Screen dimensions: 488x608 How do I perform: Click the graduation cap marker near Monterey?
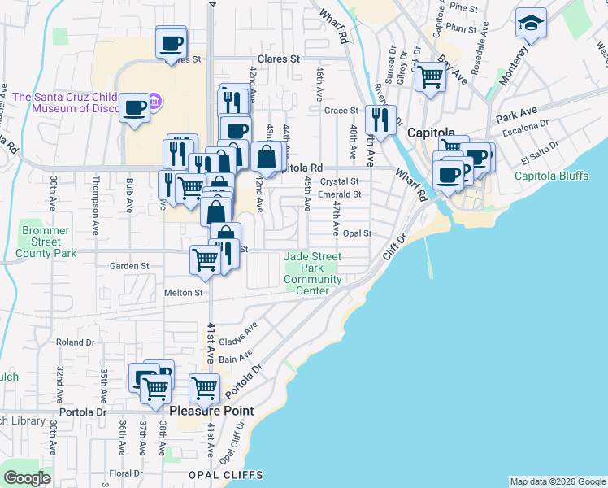531,24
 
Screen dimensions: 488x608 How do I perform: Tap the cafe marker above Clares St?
171,42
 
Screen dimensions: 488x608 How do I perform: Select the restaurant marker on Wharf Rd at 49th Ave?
380,121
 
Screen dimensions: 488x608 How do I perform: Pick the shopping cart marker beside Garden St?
205,261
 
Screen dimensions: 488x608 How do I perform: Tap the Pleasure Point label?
211,412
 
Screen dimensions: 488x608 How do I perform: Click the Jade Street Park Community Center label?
313,273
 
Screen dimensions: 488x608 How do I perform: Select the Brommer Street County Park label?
42,242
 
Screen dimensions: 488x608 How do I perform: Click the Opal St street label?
357,233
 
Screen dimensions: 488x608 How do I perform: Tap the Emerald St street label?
339,194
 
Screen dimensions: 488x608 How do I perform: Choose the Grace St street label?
341,111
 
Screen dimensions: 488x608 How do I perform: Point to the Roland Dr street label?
76,342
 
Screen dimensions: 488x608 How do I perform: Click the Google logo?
27,478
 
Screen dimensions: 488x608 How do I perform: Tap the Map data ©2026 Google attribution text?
557,481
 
